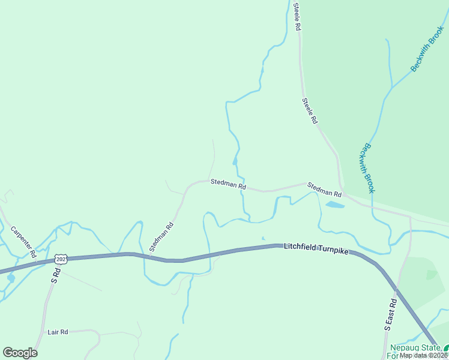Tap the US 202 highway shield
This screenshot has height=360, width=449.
click(x=60, y=259)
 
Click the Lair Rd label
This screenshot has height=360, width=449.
click(x=58, y=331)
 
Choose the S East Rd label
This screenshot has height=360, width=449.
click(x=391, y=315)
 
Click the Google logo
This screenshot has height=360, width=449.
click(x=20, y=352)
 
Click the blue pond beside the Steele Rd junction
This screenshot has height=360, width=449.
click(x=334, y=205)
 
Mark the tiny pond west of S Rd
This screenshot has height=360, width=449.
click(x=11, y=278)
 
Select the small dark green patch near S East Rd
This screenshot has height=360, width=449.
click(x=432, y=274)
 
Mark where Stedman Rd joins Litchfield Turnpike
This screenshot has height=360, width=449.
click(x=149, y=257)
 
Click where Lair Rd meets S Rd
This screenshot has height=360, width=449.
click(x=43, y=331)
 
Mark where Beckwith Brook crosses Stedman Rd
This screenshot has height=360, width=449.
click(x=372, y=207)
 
